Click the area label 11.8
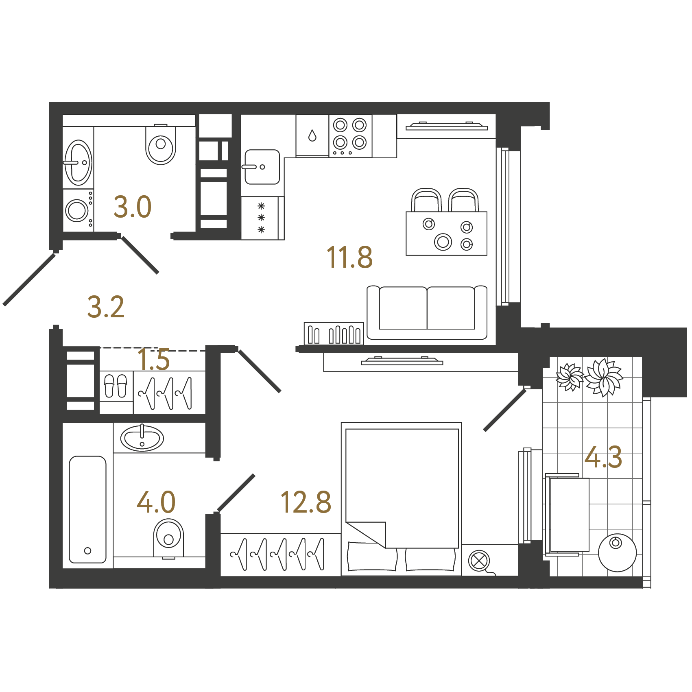click(349, 258)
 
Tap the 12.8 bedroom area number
click(306, 502)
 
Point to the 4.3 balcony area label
click(603, 457)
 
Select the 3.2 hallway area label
click(106, 307)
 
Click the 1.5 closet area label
click(153, 360)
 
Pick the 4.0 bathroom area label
click(156, 502)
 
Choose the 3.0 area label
click(133, 207)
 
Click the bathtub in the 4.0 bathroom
click(87, 509)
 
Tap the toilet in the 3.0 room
click(161, 144)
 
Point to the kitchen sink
click(262, 167)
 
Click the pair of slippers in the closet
click(116, 386)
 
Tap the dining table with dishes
click(446, 234)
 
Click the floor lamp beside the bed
click(479, 561)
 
